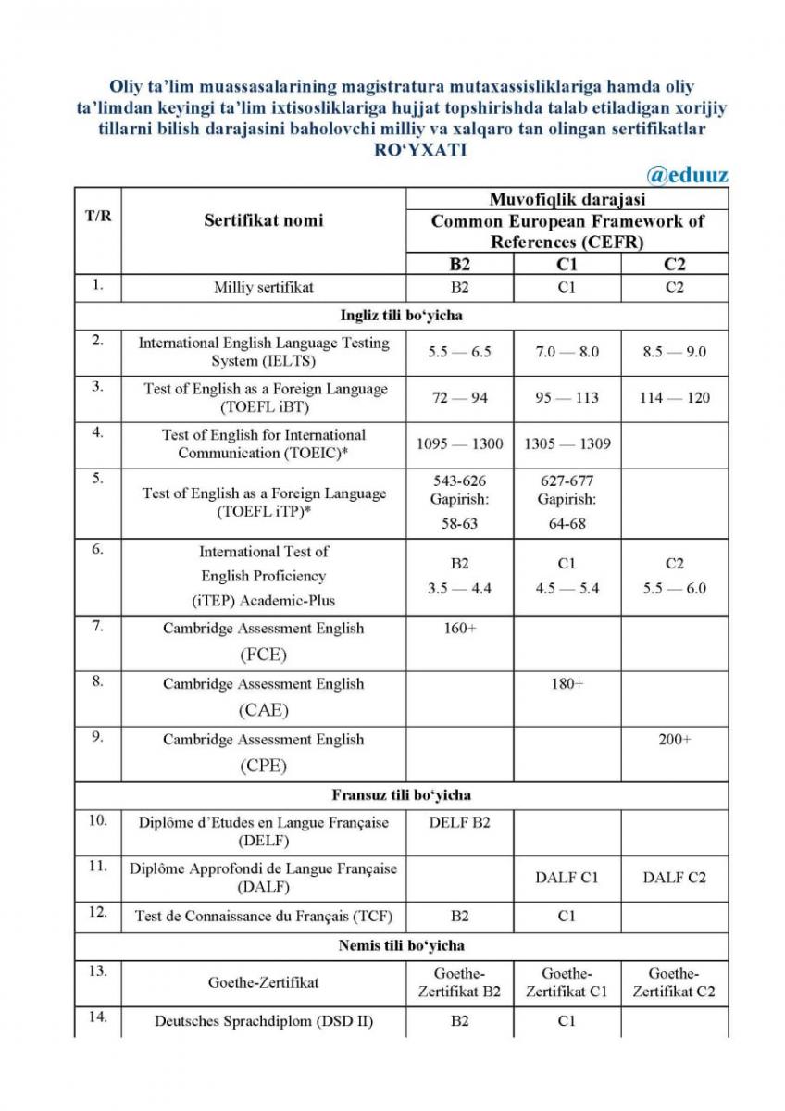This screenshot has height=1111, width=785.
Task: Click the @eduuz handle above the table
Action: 689,174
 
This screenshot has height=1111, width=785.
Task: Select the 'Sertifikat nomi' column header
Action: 264,220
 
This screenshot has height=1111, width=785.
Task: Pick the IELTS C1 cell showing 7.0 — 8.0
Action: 567,352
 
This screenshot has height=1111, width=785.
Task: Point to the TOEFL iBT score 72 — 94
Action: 460,398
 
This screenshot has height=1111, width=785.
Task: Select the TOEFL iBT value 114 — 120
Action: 674,398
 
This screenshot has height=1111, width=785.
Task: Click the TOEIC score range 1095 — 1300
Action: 460,443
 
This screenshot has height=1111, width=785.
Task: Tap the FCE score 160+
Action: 460,629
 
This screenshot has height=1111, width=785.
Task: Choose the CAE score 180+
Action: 567,684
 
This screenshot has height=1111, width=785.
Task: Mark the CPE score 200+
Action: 674,740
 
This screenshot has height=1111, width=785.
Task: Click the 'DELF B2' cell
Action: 460,823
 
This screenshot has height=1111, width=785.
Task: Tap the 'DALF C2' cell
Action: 674,878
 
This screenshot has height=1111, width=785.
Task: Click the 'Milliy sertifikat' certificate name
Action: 264,287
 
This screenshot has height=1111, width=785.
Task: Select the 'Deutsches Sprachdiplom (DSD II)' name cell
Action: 264,1021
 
